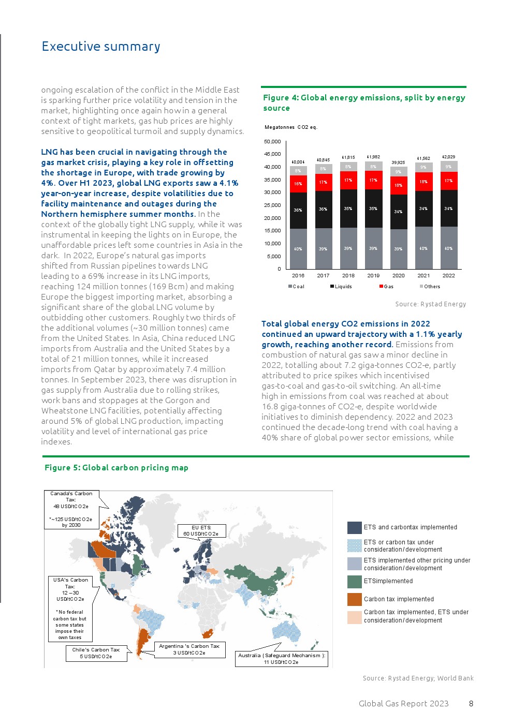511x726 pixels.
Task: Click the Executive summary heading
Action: coord(101,47)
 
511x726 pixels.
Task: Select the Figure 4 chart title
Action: coord(364,102)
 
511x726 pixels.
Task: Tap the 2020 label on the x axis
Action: coord(398,275)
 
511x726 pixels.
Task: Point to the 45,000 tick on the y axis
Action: coord(272,154)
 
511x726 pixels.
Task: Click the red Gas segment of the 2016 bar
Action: coord(298,184)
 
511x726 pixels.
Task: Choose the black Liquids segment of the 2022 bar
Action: coord(448,208)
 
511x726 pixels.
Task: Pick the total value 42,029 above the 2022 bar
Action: coord(448,157)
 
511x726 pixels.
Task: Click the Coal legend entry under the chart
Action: coord(297,286)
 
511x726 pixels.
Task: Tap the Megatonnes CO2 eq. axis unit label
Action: coord(291,127)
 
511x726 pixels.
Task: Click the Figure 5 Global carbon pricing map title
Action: coord(116,468)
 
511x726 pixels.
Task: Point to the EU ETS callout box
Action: coord(201,531)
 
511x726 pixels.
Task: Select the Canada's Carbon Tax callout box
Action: coord(71,509)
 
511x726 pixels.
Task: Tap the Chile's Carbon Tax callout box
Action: coord(96,653)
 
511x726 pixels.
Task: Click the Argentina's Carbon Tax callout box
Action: coord(189,649)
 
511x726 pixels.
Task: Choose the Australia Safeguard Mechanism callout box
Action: coord(281,658)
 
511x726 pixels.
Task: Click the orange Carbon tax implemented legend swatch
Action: coord(354,599)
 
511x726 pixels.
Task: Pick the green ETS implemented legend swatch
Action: coord(354,581)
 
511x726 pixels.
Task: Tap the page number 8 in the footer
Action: coord(471,704)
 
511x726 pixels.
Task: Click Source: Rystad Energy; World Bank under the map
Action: coord(418,678)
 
